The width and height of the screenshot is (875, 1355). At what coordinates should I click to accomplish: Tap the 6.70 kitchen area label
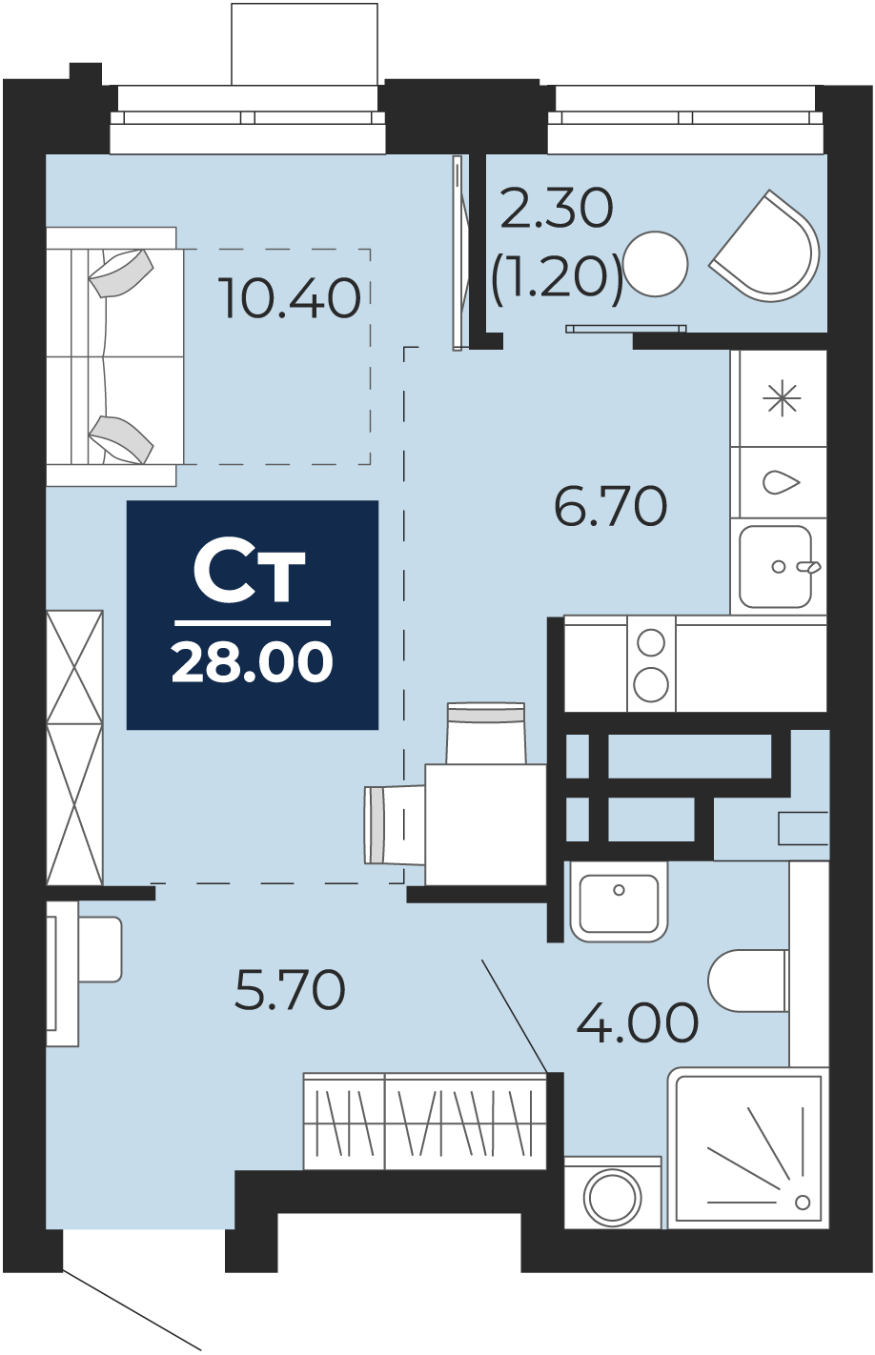(x=610, y=506)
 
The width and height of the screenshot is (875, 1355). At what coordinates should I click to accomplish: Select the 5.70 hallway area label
(x=290, y=990)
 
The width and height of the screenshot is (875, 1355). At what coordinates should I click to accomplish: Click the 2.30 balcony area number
(x=558, y=209)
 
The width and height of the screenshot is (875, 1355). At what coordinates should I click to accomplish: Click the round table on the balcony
(x=656, y=263)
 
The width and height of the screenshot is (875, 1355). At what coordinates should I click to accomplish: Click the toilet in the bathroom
(x=748, y=981)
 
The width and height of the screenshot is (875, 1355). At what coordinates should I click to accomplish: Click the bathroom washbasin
(x=619, y=901)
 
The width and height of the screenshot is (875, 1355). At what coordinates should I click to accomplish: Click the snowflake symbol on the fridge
(x=782, y=398)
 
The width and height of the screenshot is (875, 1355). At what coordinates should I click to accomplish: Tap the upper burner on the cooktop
(x=651, y=642)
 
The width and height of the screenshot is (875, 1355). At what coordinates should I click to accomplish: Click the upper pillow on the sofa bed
(x=121, y=273)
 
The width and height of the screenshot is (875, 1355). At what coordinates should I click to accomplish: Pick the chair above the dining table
(x=485, y=733)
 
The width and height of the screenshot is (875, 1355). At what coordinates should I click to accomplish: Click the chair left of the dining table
(x=395, y=824)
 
